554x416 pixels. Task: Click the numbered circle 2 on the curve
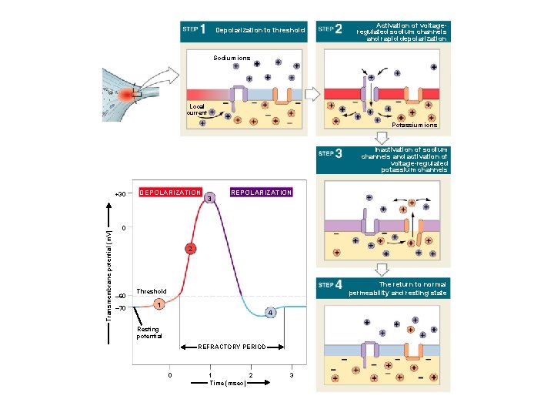pyautogui.click(x=190, y=249)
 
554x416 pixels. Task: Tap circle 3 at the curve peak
pyautogui.click(x=209, y=200)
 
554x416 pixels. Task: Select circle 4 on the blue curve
pyautogui.click(x=270, y=313)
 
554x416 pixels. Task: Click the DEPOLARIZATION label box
pyautogui.click(x=169, y=192)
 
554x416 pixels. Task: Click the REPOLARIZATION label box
pyautogui.click(x=262, y=192)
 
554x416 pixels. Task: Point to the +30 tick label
pyautogui.click(x=119, y=193)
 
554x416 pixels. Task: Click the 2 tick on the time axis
pyautogui.click(x=251, y=374)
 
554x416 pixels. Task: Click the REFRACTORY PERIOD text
pyautogui.click(x=232, y=347)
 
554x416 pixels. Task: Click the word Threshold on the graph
pyautogui.click(x=151, y=291)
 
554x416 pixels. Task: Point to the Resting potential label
pyautogui.click(x=149, y=333)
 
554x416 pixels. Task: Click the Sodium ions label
pyautogui.click(x=232, y=58)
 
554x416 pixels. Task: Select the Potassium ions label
pyautogui.click(x=414, y=125)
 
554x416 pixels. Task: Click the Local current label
pyautogui.click(x=197, y=109)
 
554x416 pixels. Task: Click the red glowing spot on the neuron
pyautogui.click(x=125, y=95)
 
